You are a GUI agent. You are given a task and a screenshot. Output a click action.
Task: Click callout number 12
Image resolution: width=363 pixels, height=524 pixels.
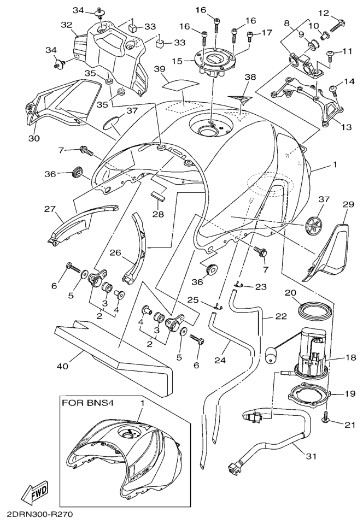(x=339, y=13)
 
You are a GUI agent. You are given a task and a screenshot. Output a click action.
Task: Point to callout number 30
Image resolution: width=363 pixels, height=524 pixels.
(x=34, y=138)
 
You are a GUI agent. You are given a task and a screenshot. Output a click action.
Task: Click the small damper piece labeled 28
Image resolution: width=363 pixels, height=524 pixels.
(x=157, y=198)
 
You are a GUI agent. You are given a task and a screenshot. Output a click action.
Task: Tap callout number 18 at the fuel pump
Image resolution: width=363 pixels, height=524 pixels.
(x=350, y=358)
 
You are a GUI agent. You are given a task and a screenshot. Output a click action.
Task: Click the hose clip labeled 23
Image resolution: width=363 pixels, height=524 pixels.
(x=239, y=284)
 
